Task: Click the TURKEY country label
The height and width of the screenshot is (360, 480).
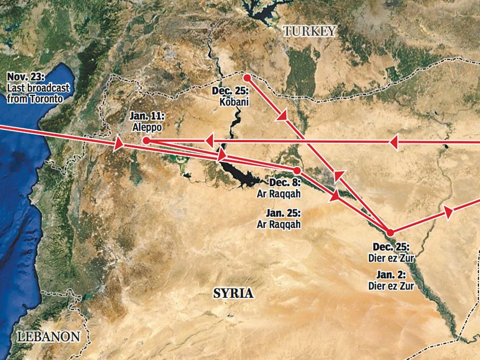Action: coord(310,32)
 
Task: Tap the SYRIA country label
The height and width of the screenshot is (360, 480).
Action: coord(233,293)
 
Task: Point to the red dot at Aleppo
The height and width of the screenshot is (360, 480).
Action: coord(146,140)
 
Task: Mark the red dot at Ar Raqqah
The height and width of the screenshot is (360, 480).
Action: coord(297,170)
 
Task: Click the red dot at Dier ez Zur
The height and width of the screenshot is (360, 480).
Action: coord(390,232)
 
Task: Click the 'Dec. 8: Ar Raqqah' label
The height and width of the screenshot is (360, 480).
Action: coord(278,188)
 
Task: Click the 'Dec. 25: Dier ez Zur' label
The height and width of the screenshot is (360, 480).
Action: coord(391,252)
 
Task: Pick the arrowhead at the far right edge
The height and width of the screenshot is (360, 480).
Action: coord(449,212)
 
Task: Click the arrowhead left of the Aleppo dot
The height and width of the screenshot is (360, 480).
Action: coord(118,145)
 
